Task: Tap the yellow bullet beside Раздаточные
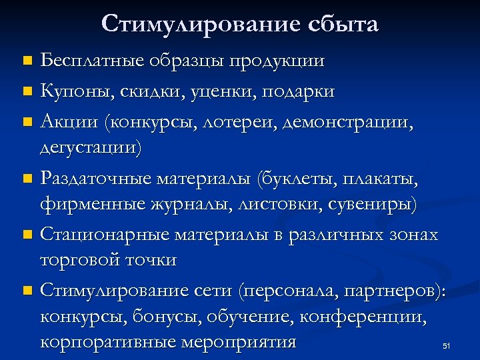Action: tap(27, 178)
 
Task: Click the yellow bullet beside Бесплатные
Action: tap(27, 61)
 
